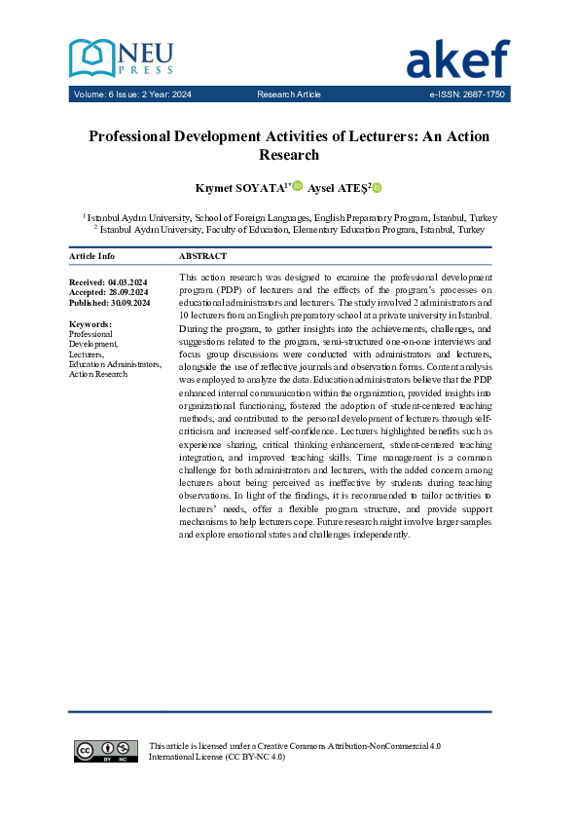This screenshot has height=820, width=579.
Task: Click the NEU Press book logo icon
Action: coord(90,58)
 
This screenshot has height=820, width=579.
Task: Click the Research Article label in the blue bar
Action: coord(289,94)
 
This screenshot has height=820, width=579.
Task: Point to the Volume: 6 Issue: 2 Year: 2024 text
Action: coord(132,94)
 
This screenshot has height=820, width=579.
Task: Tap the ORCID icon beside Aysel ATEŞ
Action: coord(377,187)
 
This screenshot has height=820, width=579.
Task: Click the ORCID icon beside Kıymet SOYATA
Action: coord(298,186)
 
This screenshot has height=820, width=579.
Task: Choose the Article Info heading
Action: coord(91,256)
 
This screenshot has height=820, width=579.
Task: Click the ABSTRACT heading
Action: coord(203,256)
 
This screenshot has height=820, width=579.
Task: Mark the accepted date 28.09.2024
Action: coord(127,292)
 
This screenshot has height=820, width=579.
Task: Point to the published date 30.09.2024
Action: coord(128,303)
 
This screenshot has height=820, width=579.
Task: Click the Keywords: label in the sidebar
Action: coord(90,323)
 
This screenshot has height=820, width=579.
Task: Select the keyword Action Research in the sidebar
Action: coord(98,374)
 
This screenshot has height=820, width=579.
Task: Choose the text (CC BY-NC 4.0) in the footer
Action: coord(255,756)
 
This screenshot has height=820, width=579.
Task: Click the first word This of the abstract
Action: coord(190,278)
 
